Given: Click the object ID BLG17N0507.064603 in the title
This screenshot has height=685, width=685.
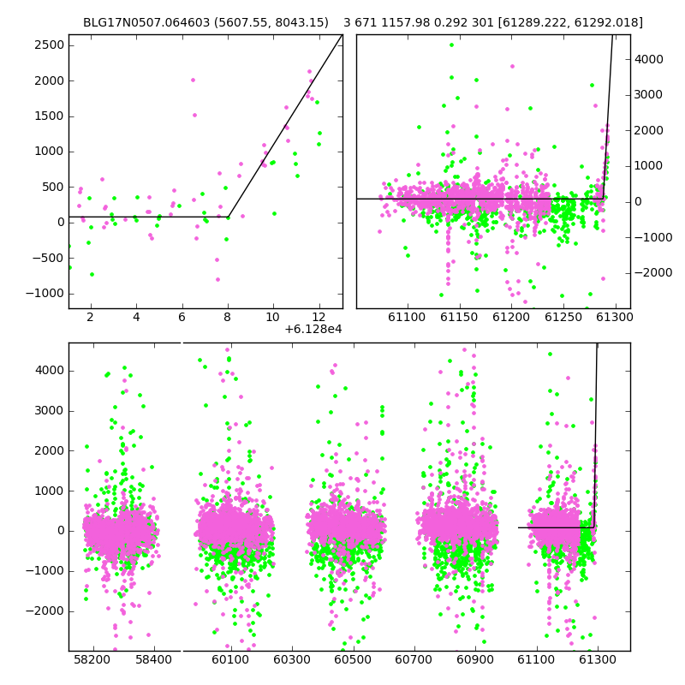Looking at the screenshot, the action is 146,22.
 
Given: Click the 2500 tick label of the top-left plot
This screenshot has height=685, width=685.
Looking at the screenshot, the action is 50,45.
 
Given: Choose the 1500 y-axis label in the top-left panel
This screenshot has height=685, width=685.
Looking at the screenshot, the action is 50,116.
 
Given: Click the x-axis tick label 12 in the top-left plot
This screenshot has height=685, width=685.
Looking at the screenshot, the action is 319,317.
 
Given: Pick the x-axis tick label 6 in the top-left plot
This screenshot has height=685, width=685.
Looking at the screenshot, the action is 182,317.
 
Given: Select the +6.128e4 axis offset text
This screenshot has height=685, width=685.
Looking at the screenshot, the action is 313,329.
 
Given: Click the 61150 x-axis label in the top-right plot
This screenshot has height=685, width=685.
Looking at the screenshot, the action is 459,317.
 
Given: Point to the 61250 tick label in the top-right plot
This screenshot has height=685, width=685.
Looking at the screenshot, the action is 563,317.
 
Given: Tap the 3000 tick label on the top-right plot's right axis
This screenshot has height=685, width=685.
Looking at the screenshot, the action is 649,95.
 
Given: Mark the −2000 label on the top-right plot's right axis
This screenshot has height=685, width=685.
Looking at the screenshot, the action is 653,272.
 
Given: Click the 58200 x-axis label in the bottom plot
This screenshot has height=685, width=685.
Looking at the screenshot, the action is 92,659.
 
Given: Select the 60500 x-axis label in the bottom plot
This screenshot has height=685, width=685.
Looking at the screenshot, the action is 353,659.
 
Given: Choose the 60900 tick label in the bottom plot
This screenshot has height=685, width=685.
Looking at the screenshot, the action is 475,659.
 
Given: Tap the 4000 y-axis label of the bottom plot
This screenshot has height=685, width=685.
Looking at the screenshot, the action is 50,371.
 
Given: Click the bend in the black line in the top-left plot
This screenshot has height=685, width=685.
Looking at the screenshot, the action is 229,217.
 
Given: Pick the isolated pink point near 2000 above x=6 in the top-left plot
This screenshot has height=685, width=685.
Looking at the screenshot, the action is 194,80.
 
